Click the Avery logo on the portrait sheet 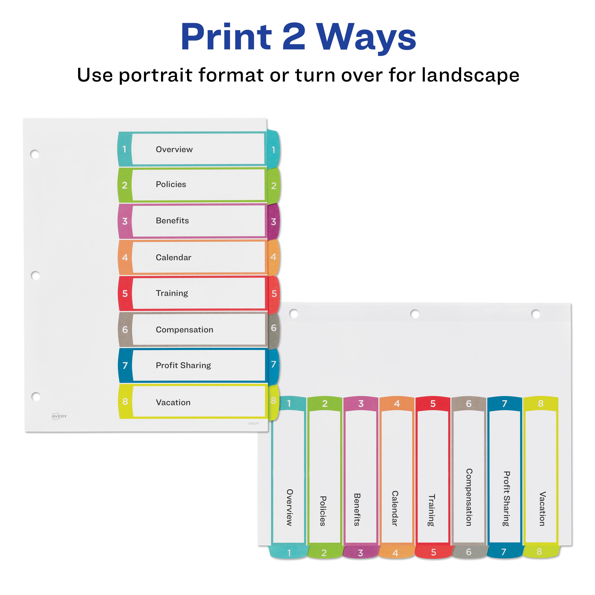click(x=59, y=416)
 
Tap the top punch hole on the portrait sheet click(x=35, y=154)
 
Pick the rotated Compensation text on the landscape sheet click(x=469, y=497)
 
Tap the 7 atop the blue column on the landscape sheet click(x=504, y=403)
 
